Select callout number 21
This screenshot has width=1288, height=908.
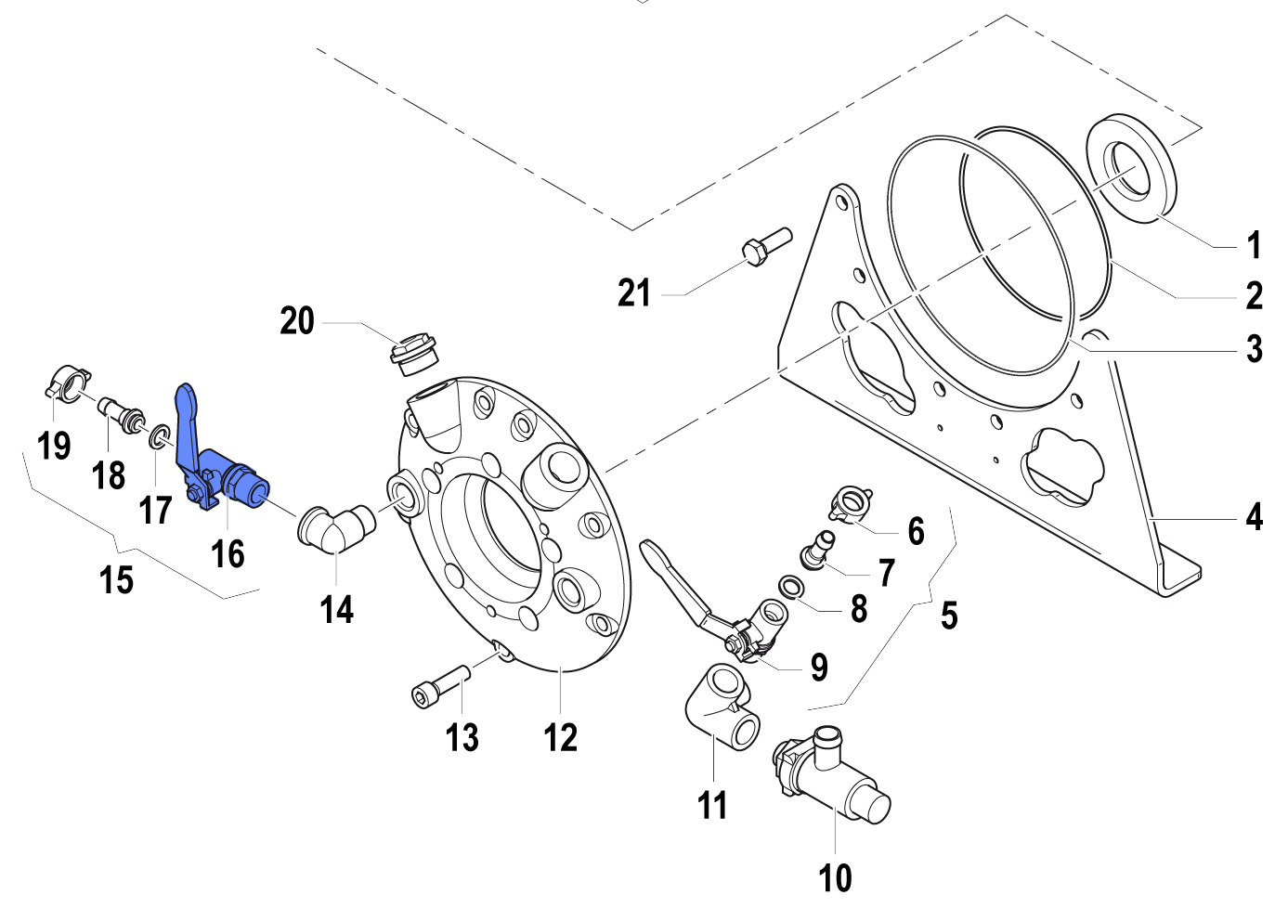(x=634, y=293)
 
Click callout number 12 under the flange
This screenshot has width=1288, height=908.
(x=560, y=738)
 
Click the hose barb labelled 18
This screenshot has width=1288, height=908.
(x=123, y=414)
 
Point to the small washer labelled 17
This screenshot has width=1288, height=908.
(x=159, y=435)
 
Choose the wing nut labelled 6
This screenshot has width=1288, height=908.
(x=849, y=502)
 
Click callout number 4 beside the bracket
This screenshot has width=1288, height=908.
(x=1254, y=516)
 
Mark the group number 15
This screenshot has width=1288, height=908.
(x=117, y=580)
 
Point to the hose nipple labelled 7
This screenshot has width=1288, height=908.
(x=815, y=548)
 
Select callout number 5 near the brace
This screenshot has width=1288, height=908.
(x=948, y=616)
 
